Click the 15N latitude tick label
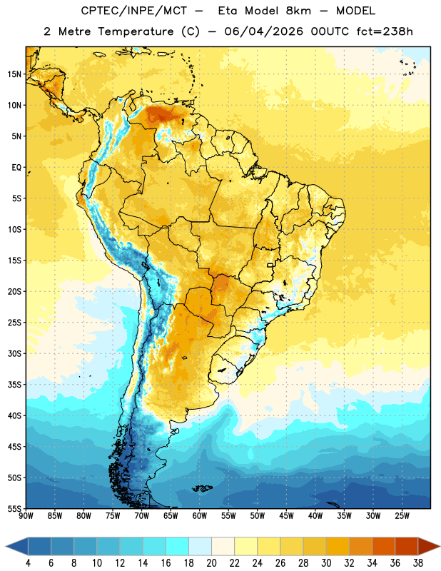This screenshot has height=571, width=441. point(14,74)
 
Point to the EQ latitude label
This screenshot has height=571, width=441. point(16,168)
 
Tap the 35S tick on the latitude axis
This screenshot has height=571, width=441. point(14,385)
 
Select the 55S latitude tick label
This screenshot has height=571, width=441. point(14,509)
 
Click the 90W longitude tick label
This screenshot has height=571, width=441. point(26,516)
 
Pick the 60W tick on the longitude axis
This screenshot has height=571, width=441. point(200,516)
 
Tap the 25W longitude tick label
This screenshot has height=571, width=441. point(402,516)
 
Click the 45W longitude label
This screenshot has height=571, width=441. point(286,516)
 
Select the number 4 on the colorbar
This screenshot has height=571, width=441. point(28,563)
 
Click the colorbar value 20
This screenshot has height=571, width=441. point(211,563)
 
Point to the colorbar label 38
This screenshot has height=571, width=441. point(417,563)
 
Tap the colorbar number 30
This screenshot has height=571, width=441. point(326,563)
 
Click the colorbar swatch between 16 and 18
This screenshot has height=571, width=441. point(178,546)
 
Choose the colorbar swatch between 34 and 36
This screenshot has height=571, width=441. point(383,546)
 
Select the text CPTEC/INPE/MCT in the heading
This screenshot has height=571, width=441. point(134,11)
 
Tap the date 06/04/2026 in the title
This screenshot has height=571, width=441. point(263,31)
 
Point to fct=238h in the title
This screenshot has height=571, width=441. point(385,31)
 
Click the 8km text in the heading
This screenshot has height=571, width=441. point(298,11)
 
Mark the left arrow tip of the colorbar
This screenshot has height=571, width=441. point(6,546)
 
